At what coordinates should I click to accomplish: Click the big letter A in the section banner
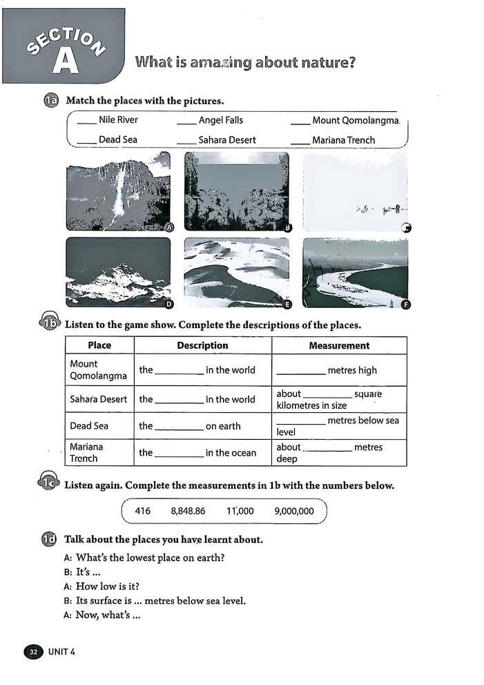(x=65, y=61)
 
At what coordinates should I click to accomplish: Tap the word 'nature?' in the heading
(x=325, y=63)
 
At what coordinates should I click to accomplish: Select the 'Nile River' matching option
(x=118, y=120)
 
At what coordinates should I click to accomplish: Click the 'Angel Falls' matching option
(x=221, y=120)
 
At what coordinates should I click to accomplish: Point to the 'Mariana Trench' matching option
(x=343, y=140)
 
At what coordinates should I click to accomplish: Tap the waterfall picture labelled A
(x=118, y=191)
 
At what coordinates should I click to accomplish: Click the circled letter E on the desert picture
(x=288, y=304)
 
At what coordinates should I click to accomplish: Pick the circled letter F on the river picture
(x=406, y=305)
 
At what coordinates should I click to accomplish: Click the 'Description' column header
(x=202, y=345)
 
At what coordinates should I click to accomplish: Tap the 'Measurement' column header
(x=339, y=345)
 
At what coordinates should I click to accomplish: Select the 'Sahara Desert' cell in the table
(x=99, y=399)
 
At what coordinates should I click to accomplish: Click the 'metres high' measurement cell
(x=339, y=370)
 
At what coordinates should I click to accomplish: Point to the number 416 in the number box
(x=143, y=512)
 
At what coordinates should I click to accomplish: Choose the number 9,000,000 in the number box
(x=294, y=512)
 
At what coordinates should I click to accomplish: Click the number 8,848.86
(x=188, y=512)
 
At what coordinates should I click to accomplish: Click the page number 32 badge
(x=33, y=651)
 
